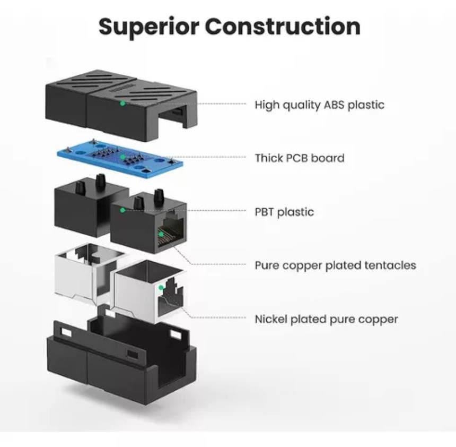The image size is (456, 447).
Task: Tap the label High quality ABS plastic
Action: (319, 105)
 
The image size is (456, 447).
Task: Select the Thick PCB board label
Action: (300, 158)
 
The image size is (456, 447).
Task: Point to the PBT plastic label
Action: (284, 212)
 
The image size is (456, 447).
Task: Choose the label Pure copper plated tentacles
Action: (335, 265)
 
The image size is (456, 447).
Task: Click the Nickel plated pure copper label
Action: (326, 319)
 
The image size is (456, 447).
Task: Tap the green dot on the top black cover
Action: (122, 102)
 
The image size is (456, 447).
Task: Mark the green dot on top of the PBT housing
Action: (122, 210)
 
